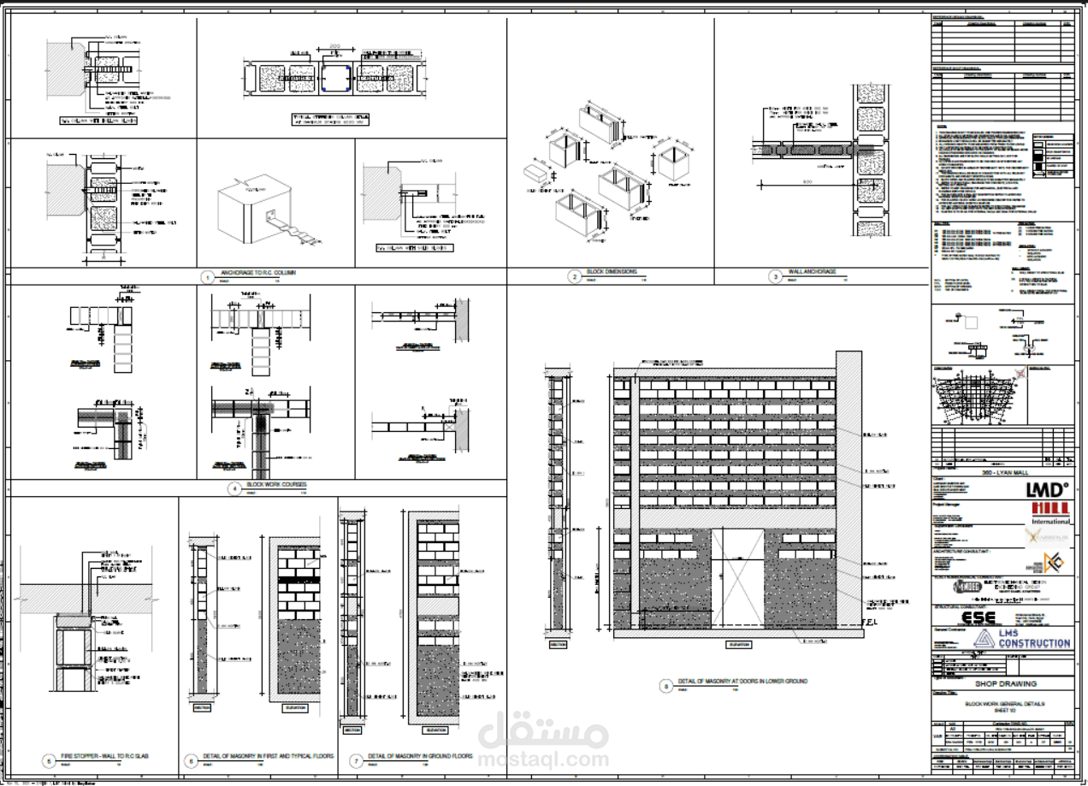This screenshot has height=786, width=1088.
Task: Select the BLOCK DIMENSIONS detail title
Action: click(x=612, y=273)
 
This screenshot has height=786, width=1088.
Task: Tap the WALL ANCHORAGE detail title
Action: click(x=812, y=273)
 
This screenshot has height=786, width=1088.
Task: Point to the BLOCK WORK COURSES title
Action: click(x=275, y=485)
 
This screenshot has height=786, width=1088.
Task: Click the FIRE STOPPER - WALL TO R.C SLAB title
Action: click(x=98, y=757)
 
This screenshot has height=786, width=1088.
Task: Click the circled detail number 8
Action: click(x=666, y=685)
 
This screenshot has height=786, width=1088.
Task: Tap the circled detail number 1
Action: click(x=205, y=277)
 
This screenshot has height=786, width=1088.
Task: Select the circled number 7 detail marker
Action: click(x=356, y=759)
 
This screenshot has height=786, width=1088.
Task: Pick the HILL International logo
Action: click(x=1050, y=511)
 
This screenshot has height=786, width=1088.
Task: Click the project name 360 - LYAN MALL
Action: click(x=1000, y=472)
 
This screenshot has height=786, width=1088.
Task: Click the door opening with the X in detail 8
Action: click(x=737, y=577)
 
